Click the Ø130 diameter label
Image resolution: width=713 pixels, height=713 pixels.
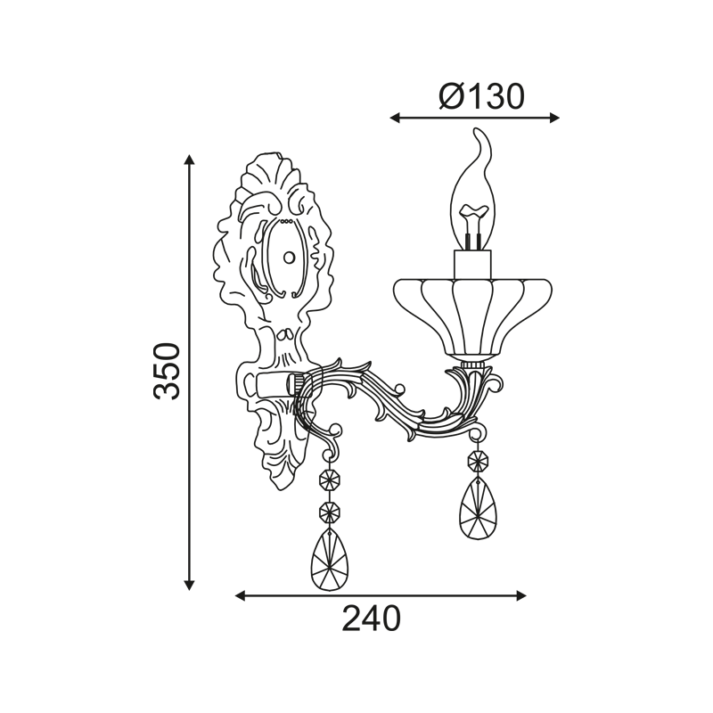pos(481,96)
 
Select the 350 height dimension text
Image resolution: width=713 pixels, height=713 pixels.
pos(167,372)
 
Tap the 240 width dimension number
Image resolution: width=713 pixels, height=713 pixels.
pos(372,619)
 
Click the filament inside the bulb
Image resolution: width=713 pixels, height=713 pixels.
pos(473,226)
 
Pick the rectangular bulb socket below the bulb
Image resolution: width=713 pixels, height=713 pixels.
pos(472,265)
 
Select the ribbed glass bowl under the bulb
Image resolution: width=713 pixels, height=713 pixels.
pos(472,318)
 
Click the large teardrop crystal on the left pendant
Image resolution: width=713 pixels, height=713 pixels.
pos(329,561)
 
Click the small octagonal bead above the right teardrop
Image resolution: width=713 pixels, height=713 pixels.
pos(478,462)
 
